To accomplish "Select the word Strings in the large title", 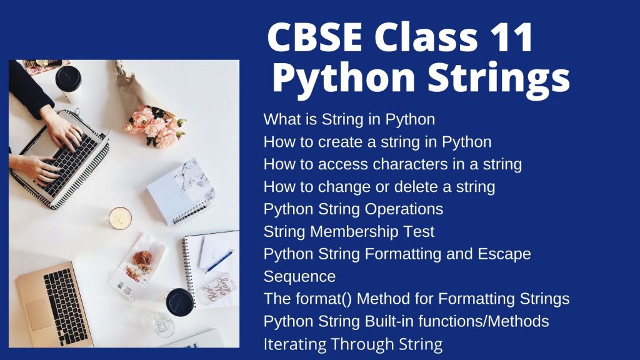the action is (498, 77).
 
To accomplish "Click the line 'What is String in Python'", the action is (349, 119).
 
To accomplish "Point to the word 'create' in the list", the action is (341, 142).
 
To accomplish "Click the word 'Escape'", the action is (504, 254).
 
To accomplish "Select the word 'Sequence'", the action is (299, 277).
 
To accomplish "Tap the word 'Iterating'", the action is (295, 344).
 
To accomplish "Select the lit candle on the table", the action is (120, 218).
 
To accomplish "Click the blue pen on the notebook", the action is (219, 262).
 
